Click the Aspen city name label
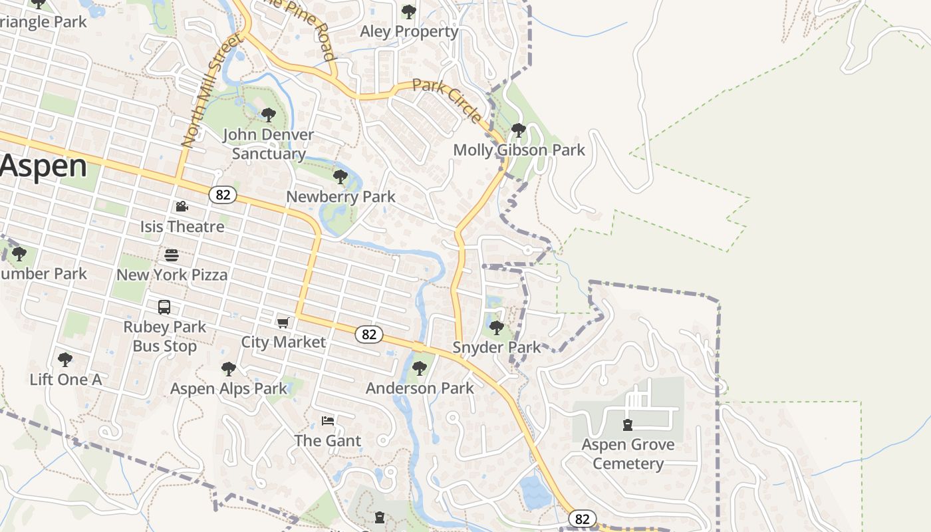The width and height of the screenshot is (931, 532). (x=44, y=166)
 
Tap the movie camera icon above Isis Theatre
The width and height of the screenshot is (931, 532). (x=182, y=207)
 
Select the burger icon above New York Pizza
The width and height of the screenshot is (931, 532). (x=172, y=255)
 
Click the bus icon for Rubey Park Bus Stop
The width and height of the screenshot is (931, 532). (x=164, y=307)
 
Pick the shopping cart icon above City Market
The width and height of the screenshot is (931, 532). (x=283, y=323)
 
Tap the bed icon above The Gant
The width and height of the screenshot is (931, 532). (x=328, y=421)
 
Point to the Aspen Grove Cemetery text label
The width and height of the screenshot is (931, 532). (x=628, y=454)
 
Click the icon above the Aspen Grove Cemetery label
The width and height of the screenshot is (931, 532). (x=627, y=425)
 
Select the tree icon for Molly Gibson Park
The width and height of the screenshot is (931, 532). (x=519, y=130)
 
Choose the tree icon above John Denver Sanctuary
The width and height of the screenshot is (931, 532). (x=269, y=115)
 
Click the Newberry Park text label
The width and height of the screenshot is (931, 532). (x=340, y=197)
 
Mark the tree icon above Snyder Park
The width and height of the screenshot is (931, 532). (x=496, y=327)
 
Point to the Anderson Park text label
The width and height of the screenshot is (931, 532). (x=420, y=388)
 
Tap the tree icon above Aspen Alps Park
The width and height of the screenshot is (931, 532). (x=229, y=368)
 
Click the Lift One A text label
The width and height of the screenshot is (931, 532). (x=65, y=380)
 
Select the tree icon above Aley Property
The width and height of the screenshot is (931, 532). (x=409, y=12)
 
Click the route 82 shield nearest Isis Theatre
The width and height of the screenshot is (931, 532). (x=223, y=195)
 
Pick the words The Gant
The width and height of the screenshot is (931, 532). (x=328, y=441)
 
